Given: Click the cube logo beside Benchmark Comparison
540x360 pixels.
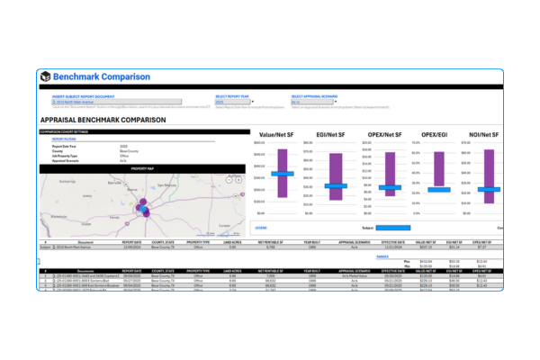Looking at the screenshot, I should (45, 76).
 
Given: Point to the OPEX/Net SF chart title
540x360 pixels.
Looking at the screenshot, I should (390, 134).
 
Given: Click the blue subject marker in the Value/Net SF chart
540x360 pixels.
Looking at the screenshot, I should (283, 174).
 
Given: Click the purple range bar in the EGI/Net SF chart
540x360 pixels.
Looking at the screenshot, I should (337, 166).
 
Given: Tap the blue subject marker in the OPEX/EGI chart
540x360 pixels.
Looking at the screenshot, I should (439, 190).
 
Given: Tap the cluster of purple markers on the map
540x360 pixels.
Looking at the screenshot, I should (142, 207).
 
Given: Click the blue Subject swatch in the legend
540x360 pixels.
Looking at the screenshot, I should (392, 228).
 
